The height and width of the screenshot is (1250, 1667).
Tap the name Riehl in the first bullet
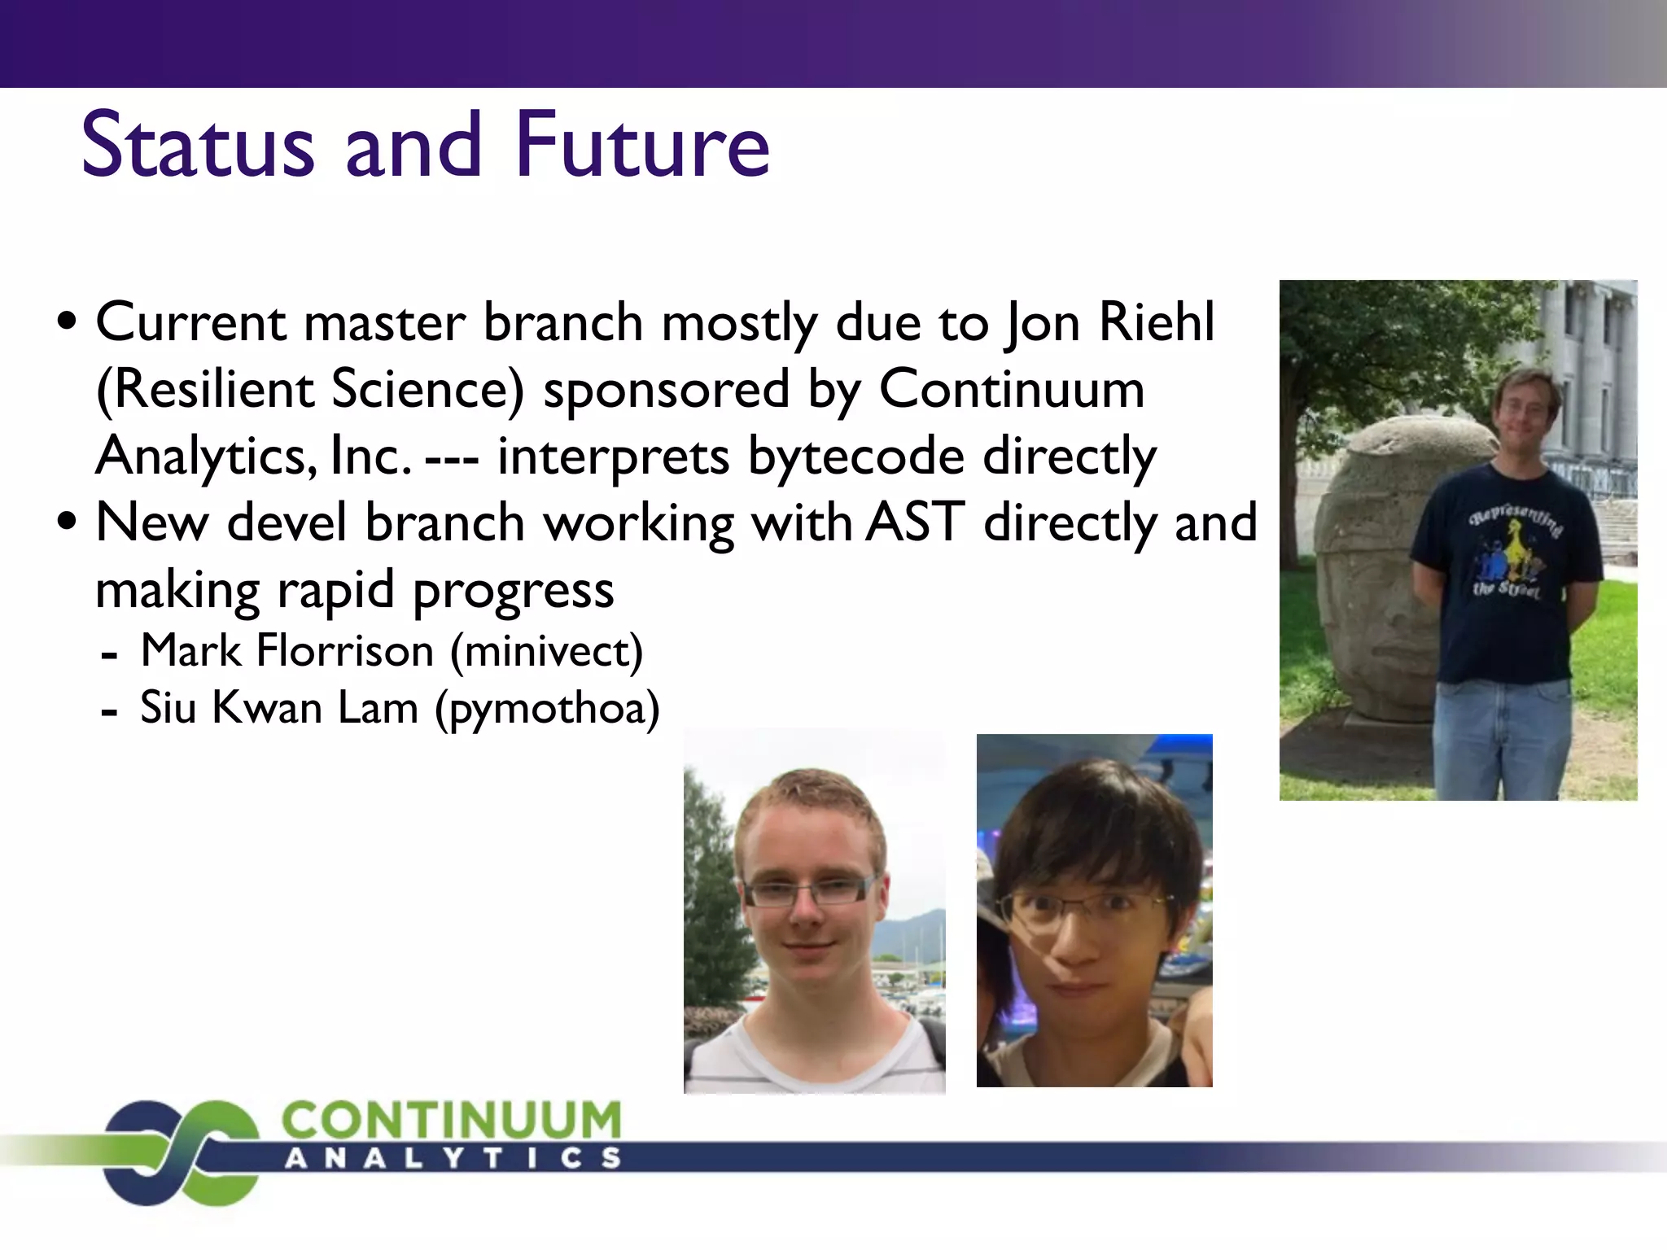point(1156,322)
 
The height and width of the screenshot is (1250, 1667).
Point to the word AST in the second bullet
point(915,522)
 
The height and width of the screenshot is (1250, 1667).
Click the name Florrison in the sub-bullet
point(345,651)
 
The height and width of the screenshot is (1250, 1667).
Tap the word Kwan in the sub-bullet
point(267,708)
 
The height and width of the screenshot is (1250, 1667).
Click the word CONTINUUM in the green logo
point(452,1121)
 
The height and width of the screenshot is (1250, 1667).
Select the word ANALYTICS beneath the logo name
point(453,1159)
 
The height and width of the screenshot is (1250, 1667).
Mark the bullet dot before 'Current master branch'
point(68,321)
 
